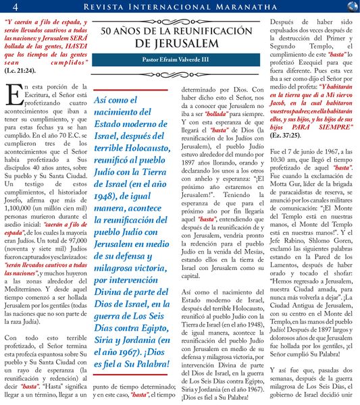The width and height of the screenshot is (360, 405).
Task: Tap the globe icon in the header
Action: (x=351, y=7)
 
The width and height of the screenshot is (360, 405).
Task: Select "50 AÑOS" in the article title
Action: (x=124, y=30)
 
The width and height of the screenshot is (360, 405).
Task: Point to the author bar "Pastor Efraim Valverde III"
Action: (x=179, y=59)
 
